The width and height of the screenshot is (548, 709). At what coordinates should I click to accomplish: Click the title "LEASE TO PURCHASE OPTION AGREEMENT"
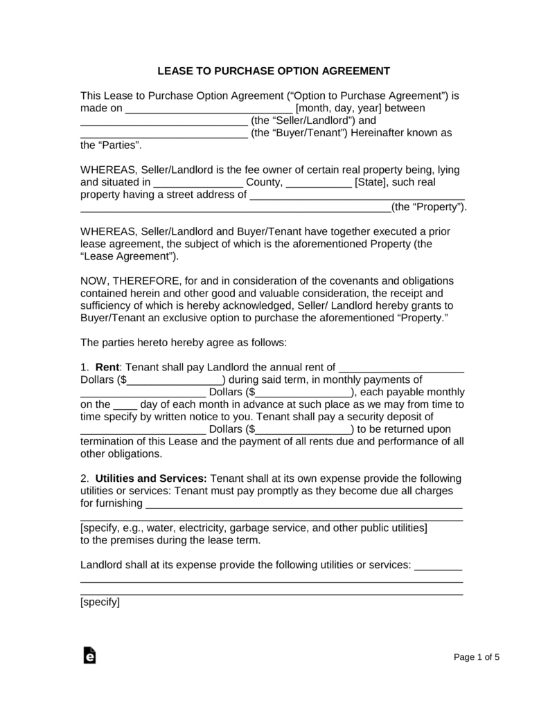tap(274, 71)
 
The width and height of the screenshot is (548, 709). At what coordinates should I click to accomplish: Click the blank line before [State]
tap(319, 184)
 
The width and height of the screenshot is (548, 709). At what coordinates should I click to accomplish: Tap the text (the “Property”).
tap(429, 207)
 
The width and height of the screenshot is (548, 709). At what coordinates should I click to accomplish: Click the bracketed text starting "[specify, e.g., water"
tap(254, 528)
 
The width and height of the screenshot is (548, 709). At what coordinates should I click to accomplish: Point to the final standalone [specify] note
tap(100, 602)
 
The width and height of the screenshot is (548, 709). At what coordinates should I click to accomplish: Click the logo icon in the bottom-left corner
tap(89, 655)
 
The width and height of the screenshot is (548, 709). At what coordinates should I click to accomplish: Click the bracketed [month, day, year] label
tap(338, 109)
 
